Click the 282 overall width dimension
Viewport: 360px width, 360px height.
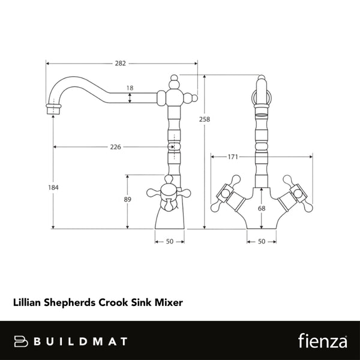pyautogui.click(x=121, y=62)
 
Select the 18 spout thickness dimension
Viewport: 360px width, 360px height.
pyautogui.click(x=130, y=88)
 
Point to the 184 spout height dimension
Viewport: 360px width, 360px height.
pyautogui.click(x=53, y=188)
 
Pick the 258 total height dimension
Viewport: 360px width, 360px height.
pyautogui.click(x=204, y=120)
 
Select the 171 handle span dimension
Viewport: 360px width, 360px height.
pyautogui.click(x=233, y=157)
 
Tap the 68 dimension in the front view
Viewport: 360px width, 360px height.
pyautogui.click(x=260, y=208)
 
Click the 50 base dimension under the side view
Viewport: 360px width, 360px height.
pyautogui.click(x=169, y=241)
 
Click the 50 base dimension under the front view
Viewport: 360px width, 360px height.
pyautogui.click(x=261, y=241)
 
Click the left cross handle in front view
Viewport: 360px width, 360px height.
pyautogui.click(x=225, y=194)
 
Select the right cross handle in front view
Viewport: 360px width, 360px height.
pyautogui.click(x=297, y=194)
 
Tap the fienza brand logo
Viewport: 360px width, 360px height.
pyautogui.click(x=322, y=341)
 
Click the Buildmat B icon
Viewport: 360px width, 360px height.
pyautogui.click(x=21, y=341)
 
